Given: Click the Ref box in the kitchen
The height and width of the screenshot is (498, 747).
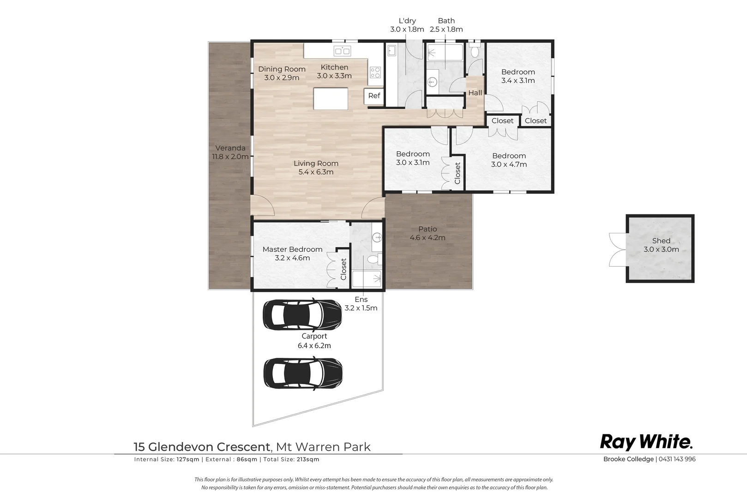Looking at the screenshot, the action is coord(374,96).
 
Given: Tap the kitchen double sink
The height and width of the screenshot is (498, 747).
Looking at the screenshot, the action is coord(342,51).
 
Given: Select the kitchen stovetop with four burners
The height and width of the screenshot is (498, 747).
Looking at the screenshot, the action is coord(375,72).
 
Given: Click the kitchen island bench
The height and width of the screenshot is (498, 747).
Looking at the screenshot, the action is coord(331,99).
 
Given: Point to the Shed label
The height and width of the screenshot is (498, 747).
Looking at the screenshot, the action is coord(661,241).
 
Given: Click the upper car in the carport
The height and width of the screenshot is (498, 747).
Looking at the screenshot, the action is coord(302,314).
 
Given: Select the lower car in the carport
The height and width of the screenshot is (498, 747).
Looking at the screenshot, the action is coord(303,373).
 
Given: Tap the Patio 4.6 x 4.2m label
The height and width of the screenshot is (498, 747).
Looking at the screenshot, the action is coord(428,233).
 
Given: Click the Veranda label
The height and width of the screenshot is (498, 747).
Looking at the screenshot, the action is coord(230,148).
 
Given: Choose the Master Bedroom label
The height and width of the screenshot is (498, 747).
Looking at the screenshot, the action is coord(292,249).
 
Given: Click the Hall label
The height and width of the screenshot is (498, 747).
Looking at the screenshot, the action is coord(475,93).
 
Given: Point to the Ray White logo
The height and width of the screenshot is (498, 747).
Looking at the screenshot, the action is coord(646,442).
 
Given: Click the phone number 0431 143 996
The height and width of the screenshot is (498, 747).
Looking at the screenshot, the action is coord(677,459).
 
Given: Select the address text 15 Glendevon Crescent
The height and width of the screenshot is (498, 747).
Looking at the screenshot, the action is coord(202,447).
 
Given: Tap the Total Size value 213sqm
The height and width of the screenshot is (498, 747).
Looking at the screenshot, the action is coord(308,459).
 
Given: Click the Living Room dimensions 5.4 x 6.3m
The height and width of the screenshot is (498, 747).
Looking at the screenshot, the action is coord(316,172).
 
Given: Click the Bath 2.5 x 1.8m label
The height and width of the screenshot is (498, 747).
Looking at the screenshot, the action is coord(446,25).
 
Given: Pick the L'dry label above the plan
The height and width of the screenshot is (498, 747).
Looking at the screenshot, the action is coord(407,21).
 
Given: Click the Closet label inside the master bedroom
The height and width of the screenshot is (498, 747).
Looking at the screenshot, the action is coord(343,269).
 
